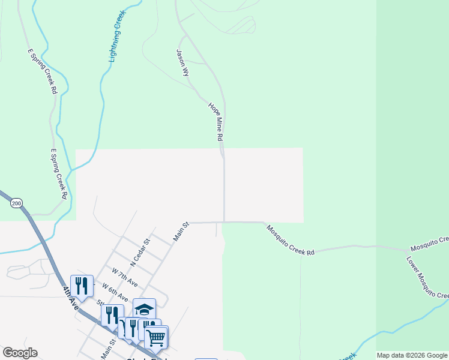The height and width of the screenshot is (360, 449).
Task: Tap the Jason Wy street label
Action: click(x=182, y=62)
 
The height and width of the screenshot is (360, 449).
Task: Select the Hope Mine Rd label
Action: click(x=216, y=122)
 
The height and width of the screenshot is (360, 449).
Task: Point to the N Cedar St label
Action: click(x=143, y=247)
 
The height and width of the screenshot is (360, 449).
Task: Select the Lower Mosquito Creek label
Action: click(x=427, y=278)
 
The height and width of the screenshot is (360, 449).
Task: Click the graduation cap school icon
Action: click(x=144, y=309)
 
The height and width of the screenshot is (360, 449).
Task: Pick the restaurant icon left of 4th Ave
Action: click(x=82, y=286)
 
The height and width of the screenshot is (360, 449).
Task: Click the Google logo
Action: click(x=20, y=353)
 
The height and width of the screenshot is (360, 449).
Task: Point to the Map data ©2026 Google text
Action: click(x=412, y=355)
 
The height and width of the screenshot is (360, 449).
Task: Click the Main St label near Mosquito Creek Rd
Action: click(x=181, y=232)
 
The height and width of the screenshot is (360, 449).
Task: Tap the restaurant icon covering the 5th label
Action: click(x=112, y=315)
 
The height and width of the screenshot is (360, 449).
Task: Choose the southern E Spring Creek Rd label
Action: click(x=58, y=173)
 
